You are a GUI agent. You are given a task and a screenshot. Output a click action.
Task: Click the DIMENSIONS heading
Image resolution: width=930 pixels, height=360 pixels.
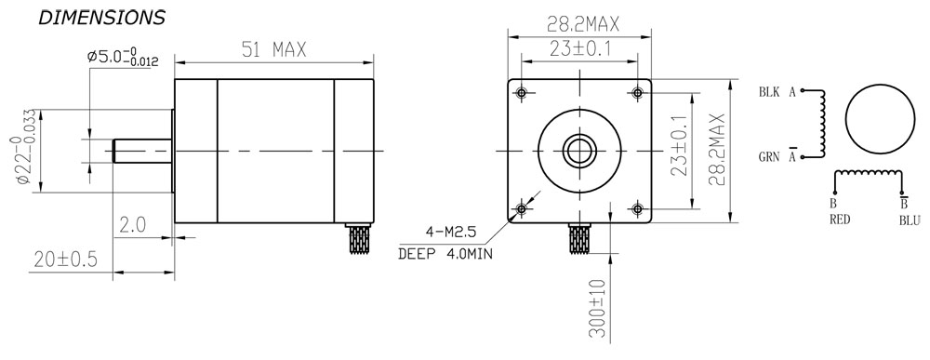(x=101, y=18)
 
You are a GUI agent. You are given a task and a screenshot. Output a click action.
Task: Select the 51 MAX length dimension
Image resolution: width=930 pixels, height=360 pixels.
(x=274, y=50)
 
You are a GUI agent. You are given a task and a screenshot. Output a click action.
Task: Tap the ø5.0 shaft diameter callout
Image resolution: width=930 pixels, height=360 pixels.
(x=118, y=58)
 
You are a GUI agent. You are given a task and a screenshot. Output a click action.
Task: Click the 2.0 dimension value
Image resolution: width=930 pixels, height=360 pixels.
(x=133, y=225)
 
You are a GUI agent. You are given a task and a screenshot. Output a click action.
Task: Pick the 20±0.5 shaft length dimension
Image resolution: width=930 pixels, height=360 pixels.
(x=65, y=260)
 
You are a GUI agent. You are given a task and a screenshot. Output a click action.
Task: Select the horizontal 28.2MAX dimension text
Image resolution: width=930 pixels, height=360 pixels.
(x=582, y=24)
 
